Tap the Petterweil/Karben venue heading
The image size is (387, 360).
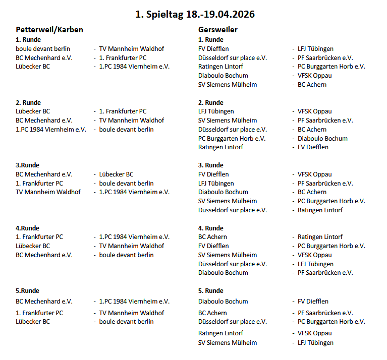point(49,30)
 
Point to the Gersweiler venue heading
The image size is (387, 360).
point(218,30)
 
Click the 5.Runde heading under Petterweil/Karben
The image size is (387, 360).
point(27,291)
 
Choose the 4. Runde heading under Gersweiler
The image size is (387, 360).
point(211,228)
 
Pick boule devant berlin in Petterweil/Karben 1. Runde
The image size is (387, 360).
point(43,49)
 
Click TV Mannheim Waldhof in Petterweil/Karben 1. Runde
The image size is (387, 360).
point(131,49)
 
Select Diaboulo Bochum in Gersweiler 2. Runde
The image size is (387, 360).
point(322,138)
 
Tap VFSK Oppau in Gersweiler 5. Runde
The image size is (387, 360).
point(314,333)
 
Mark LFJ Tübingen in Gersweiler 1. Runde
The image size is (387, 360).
point(315,49)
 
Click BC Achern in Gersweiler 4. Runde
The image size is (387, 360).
point(212,237)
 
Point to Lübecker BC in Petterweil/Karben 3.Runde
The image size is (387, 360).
point(116,174)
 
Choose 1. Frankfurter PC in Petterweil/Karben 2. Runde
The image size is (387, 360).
point(123,111)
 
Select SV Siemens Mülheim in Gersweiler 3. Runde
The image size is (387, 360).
point(228,201)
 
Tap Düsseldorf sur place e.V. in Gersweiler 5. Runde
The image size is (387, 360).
point(233,322)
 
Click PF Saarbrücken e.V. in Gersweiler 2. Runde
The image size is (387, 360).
point(325,121)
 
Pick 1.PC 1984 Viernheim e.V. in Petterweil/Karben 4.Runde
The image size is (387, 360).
point(134,237)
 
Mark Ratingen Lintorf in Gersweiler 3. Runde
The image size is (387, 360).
point(320,210)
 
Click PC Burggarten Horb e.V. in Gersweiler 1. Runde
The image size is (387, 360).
point(331,67)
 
